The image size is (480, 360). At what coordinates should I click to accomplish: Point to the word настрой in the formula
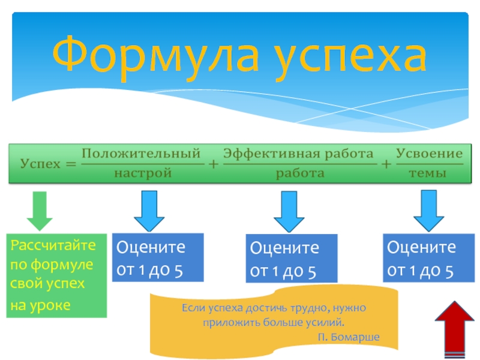[x=141, y=174]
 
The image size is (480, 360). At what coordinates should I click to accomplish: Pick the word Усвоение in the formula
[x=430, y=154]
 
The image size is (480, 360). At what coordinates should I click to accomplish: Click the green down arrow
[x=39, y=211]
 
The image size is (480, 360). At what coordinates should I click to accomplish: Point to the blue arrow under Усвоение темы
[x=428, y=211]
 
